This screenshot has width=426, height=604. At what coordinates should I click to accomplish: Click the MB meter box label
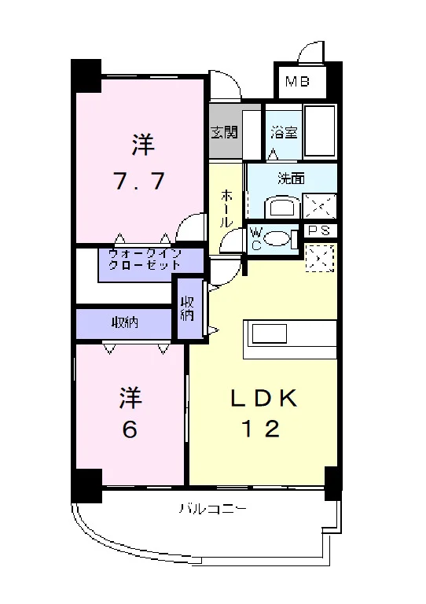[x=297, y=81]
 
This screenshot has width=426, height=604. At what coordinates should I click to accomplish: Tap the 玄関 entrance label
[x=225, y=132]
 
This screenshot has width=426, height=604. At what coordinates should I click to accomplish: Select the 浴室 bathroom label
[x=284, y=132]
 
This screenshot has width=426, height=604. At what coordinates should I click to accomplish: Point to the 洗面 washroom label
[x=292, y=179]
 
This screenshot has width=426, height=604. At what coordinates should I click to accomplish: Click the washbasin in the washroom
[x=284, y=208]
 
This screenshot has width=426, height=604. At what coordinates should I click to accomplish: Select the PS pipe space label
[x=319, y=230]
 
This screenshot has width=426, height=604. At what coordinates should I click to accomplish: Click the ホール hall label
[x=227, y=208]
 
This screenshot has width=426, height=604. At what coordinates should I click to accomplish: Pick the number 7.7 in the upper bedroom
[x=138, y=181]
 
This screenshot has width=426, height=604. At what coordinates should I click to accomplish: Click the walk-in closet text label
[x=145, y=260]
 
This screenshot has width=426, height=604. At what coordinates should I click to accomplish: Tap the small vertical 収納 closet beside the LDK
[x=187, y=308]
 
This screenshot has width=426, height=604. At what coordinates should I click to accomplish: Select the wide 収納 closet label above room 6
[x=125, y=322]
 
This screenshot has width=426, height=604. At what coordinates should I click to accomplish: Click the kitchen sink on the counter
[x=269, y=333]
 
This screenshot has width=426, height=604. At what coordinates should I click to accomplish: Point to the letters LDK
[x=264, y=398]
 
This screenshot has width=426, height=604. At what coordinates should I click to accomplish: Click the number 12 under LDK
[x=260, y=429]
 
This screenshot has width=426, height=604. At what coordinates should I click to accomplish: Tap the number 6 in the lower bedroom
[x=130, y=429]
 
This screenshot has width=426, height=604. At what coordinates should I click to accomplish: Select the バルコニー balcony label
[x=212, y=510]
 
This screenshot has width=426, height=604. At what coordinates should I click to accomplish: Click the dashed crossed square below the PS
[x=319, y=257]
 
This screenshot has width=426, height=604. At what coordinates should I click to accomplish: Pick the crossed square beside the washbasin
[x=319, y=206]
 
